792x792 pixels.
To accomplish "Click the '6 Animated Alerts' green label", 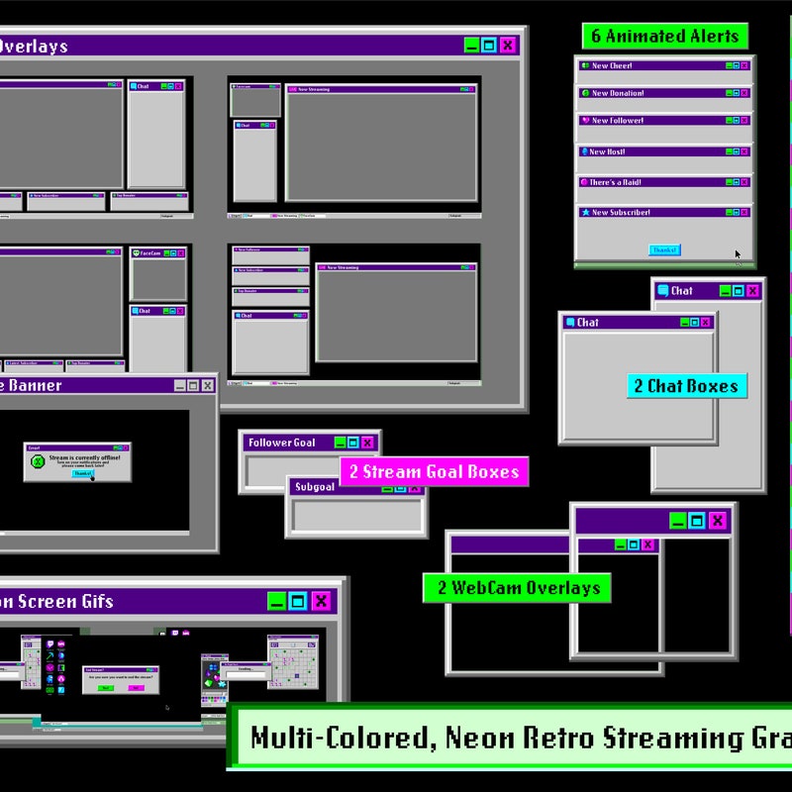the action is point(664,37).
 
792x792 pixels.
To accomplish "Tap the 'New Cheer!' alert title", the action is point(612,66).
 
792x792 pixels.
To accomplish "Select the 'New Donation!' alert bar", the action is point(617,93).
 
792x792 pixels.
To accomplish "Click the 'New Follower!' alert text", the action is point(617,121).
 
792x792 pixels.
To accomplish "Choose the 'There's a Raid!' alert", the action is point(615,182).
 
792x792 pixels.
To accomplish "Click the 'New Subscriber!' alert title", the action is point(621,212).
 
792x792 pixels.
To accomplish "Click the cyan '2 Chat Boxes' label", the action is point(686,386).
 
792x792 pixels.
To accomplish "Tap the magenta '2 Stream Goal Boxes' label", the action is point(434,472).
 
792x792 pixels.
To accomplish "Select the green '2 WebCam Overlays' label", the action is point(517,588).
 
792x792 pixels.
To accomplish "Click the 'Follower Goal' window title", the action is point(282,443).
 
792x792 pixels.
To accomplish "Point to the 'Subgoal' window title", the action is point(316,487).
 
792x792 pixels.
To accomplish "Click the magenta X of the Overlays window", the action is point(508,45).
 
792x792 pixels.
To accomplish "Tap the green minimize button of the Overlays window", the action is point(471,45).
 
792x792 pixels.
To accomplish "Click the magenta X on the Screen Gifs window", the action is point(321,601).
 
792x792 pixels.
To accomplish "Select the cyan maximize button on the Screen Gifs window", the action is point(298,601).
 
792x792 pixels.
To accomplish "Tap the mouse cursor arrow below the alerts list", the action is point(738,254).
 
